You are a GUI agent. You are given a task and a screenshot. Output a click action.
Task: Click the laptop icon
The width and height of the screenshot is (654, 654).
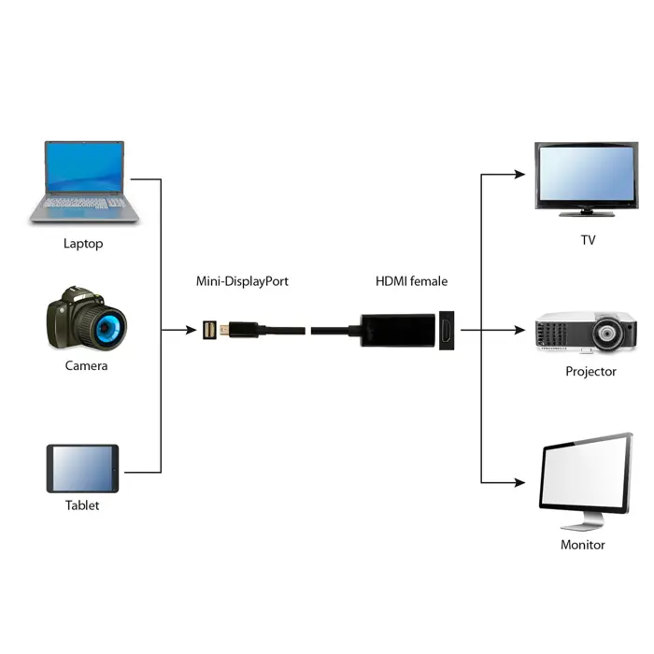tap(84, 182)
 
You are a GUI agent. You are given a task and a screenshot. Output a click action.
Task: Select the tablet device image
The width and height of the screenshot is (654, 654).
tap(83, 468)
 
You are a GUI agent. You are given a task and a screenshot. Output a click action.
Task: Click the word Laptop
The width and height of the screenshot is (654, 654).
tap(83, 244)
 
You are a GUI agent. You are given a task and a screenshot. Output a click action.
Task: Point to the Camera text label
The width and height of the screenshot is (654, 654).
tap(86, 365)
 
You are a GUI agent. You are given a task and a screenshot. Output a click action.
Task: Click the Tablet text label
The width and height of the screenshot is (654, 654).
tap(82, 505)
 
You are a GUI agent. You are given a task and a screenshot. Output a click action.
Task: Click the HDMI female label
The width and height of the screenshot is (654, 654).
tap(411, 280)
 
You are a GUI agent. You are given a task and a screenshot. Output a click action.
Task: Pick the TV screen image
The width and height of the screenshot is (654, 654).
tap(585, 178)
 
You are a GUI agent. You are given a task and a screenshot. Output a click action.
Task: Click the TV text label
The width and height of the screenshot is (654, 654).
tap(588, 240)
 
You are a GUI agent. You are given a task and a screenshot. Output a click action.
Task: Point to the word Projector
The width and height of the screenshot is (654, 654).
tap(590, 371)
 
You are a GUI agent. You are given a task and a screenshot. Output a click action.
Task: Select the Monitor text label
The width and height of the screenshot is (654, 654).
tap(582, 545)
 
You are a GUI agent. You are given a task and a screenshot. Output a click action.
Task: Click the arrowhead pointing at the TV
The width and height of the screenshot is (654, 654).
tap(520, 175)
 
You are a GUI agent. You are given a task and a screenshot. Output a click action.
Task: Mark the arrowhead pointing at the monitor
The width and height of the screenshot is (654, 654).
tap(520, 482)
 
